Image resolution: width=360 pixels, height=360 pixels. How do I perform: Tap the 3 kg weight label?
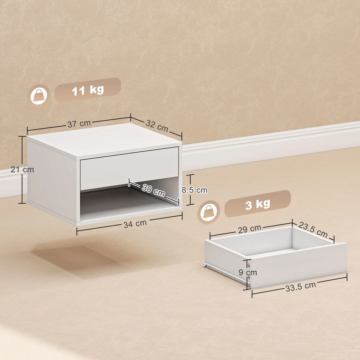pyautogui.click(x=257, y=204)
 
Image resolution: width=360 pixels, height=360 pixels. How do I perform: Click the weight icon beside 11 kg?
pyautogui.click(x=39, y=95)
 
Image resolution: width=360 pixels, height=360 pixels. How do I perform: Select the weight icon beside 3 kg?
pyautogui.click(x=208, y=212)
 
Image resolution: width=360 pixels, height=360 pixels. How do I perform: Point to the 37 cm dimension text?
pyautogui.click(x=79, y=124)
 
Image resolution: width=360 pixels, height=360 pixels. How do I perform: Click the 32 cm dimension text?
pyautogui.click(x=157, y=125)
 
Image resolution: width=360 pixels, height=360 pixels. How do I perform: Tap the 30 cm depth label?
pyautogui.click(x=154, y=191)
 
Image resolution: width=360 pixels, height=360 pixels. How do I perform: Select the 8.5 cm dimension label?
pyautogui.click(x=194, y=190)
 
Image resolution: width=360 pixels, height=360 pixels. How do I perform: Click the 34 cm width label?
pyautogui.click(x=135, y=223)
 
